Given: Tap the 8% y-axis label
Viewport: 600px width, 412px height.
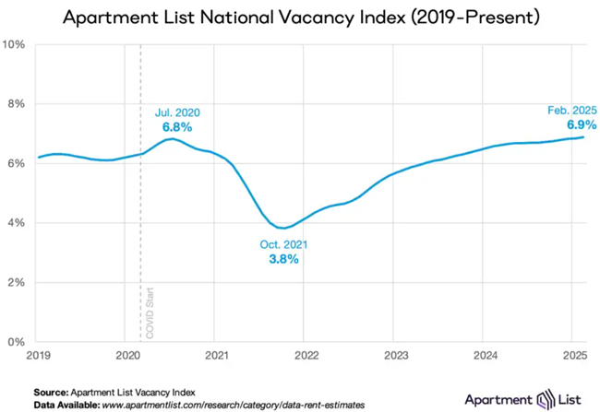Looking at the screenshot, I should pos(16,104).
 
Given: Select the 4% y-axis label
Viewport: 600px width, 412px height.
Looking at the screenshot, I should pos(16,223).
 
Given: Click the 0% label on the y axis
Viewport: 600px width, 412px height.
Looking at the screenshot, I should pos(16,342).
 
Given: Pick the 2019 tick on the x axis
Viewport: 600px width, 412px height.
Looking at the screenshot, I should pos(38,355).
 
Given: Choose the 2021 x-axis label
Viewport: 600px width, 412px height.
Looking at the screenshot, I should pos(217,355).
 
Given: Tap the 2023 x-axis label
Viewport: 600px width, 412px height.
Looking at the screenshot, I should pos(396,355).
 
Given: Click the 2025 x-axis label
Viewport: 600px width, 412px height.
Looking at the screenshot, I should pos(574,355).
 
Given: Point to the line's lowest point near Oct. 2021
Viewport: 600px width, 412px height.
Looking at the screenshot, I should pos(286,228).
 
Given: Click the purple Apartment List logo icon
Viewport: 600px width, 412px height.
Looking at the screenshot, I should pos(547,399).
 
